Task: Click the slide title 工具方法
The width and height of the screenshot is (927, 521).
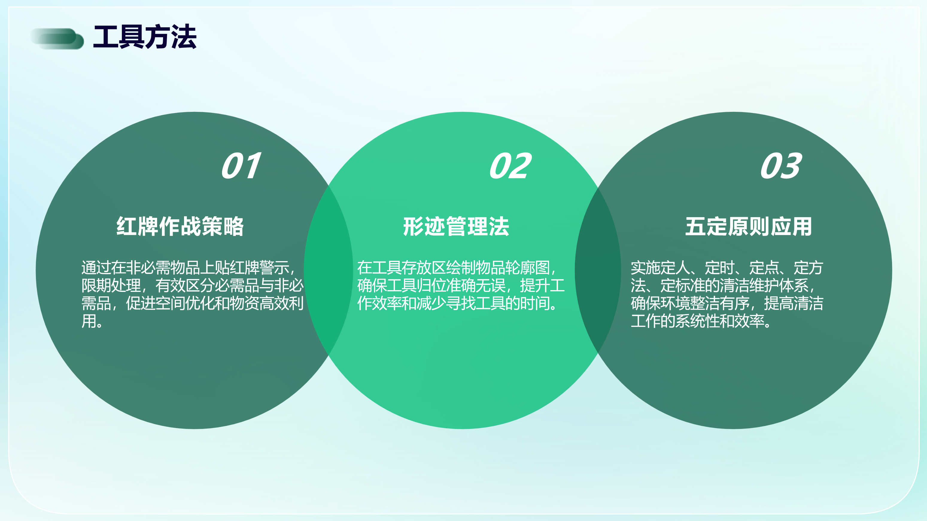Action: click(x=145, y=37)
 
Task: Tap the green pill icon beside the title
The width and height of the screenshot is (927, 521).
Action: click(x=57, y=39)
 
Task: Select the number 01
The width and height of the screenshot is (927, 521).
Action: click(x=241, y=166)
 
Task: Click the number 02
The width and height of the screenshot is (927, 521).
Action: click(x=510, y=166)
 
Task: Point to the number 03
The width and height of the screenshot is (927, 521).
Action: click(x=781, y=166)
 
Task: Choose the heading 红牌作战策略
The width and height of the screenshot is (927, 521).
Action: click(x=180, y=226)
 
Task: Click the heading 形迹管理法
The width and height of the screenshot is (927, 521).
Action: click(x=456, y=226)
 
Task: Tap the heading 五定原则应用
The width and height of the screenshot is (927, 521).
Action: click(x=748, y=226)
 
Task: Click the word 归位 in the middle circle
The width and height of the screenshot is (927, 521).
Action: click(x=431, y=285)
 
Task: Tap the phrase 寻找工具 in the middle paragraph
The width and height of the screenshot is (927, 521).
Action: click(x=475, y=303)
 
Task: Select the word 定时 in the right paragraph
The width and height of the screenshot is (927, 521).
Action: click(x=719, y=267)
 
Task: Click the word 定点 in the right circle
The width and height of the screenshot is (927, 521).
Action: click(x=764, y=267)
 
